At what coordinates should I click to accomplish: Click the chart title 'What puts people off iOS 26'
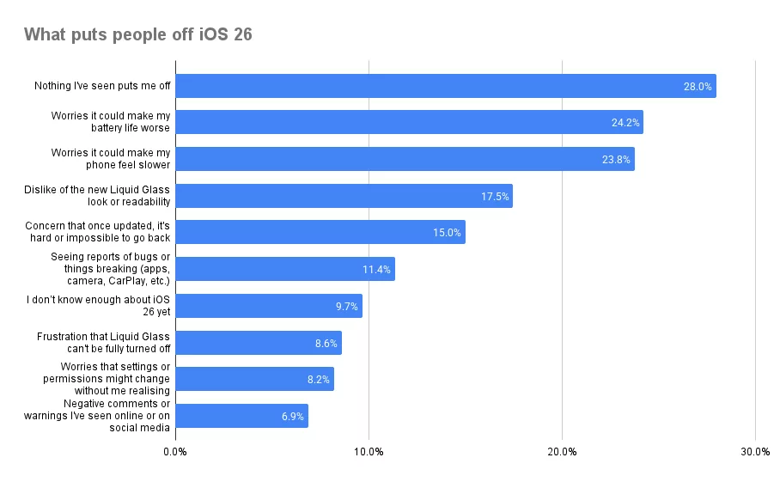(137, 35)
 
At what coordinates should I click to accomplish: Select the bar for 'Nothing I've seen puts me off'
(445, 86)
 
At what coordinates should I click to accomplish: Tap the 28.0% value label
(698, 87)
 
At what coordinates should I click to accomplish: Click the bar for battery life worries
(409, 122)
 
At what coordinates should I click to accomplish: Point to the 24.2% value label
(625, 123)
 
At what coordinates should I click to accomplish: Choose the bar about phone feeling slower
(405, 159)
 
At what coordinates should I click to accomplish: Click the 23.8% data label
(617, 160)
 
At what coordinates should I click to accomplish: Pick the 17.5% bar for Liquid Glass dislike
(344, 196)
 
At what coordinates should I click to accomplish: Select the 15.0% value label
(447, 233)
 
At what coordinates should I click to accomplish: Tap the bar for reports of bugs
(285, 269)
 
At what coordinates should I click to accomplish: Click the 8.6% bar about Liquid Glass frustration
(259, 343)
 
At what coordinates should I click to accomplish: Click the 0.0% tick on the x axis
(175, 453)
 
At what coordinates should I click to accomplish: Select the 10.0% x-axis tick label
(369, 453)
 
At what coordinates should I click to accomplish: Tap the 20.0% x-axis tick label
(562, 453)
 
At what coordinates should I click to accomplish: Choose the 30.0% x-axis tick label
(755, 453)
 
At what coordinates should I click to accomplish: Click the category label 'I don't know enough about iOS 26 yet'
(98, 306)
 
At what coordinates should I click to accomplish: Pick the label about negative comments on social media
(97, 416)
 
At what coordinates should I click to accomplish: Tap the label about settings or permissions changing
(103, 379)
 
